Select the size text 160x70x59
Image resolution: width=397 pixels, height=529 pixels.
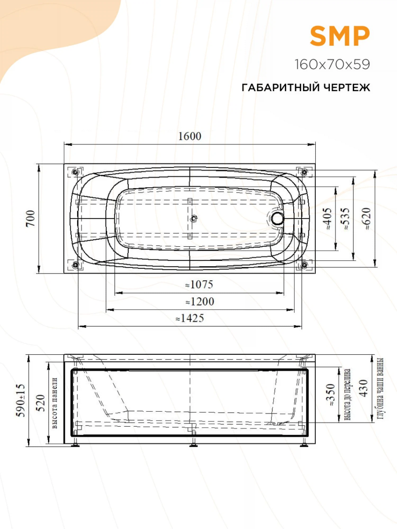pos(332,64)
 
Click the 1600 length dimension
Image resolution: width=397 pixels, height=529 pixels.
pos(190,136)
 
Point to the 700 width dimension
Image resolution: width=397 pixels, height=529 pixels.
pos(30,218)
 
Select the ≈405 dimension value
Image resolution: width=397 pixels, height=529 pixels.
pos(328,218)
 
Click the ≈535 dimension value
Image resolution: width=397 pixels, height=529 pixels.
pos(346,218)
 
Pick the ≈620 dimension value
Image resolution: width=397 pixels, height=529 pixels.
pos(367,218)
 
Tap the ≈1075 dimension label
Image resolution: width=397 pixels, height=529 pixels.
pos(199,285)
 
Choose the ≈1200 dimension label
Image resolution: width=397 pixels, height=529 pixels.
pos(200,302)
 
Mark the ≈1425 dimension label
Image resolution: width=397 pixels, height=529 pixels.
pos(190,318)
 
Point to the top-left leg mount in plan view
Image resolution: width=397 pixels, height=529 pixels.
pos(75,172)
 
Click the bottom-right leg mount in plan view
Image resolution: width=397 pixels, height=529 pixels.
pos(304,264)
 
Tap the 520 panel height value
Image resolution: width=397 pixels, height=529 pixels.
pos(40,403)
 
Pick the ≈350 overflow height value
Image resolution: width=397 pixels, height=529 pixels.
pos(331,395)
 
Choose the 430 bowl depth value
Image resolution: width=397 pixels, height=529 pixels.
pos(364,388)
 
